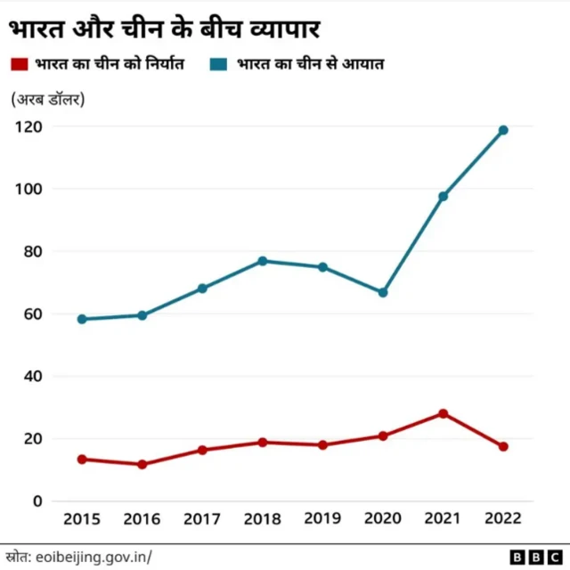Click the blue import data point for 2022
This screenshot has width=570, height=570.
503,130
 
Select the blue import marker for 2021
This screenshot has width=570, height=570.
443,196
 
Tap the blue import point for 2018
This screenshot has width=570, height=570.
263,261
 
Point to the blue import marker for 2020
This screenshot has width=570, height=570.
383,292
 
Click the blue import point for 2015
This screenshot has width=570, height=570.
82,319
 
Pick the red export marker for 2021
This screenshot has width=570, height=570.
443,413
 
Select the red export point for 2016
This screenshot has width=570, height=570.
142,464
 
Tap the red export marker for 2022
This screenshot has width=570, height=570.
503,446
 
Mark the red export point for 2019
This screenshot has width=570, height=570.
322,444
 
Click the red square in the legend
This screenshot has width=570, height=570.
19,65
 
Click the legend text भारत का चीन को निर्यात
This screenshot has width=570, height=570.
109,65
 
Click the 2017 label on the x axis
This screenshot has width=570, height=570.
202,519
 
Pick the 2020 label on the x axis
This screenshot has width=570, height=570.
383,519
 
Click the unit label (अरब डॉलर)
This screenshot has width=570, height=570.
48,99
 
